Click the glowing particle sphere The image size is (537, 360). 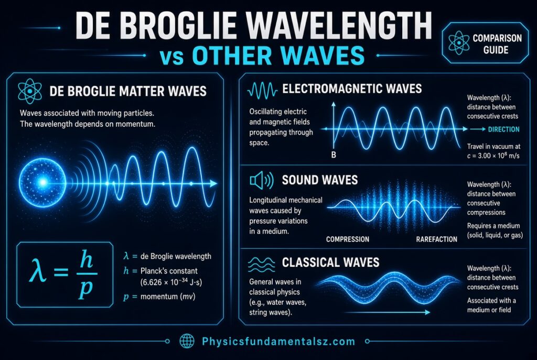coord(42,182)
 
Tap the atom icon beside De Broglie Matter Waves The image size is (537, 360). coord(30,91)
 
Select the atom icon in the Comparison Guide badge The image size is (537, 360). coord(459,43)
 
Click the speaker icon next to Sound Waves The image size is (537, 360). coord(262,180)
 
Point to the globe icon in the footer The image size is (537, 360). coord(187,341)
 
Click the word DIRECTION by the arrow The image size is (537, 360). coord(503,129)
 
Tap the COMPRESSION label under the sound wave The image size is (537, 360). coord(348,239)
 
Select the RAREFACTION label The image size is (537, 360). coord(437,239)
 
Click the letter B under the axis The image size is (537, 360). coord(334,155)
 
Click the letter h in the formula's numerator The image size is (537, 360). coord(87,259)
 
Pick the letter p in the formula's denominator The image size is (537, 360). coord(85,289)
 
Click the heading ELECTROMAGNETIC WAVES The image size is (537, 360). coord(352,89)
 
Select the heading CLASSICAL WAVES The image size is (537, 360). coord(330,263)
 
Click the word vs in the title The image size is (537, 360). coord(171,57)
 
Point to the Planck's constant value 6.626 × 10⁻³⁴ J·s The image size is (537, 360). coord(171,282)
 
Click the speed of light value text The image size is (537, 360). coord(493,156)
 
